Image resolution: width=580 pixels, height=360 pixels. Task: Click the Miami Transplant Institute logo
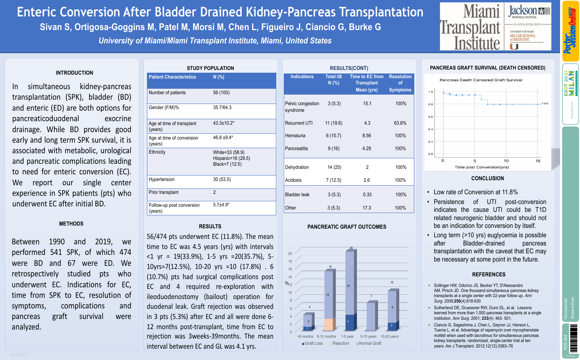tap(470, 27)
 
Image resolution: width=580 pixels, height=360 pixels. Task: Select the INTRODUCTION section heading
tap(74, 73)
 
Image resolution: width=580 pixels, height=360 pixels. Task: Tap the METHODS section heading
tap(71, 224)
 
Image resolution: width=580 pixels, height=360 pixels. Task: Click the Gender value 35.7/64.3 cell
tap(222, 107)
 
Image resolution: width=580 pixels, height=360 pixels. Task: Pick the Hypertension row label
tap(161, 179)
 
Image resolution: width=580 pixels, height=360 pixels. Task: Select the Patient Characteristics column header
tap(172, 77)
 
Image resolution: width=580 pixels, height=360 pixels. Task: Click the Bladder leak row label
tap(297, 195)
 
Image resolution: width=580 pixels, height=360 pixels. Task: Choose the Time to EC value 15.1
tap(367, 104)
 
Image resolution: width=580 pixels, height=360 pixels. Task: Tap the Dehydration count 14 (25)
tap(334, 167)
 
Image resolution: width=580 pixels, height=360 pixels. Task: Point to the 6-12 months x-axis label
tap(326, 336)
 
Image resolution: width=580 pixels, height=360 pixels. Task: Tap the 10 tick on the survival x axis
tap(506, 161)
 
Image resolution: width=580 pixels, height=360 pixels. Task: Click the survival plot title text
tap(481, 80)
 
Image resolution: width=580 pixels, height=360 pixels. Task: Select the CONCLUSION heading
tap(487, 178)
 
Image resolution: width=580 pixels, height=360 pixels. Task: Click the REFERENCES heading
tap(489, 274)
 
